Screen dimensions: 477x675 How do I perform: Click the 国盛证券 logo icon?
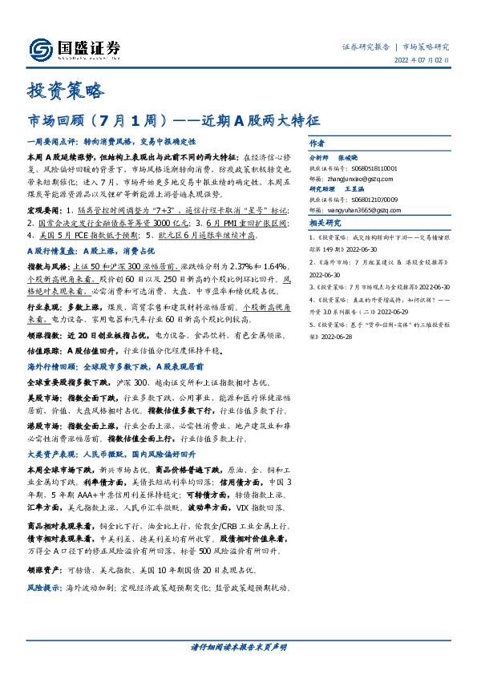[x=38, y=47]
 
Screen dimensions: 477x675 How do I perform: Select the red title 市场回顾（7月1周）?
[x=100, y=122]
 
